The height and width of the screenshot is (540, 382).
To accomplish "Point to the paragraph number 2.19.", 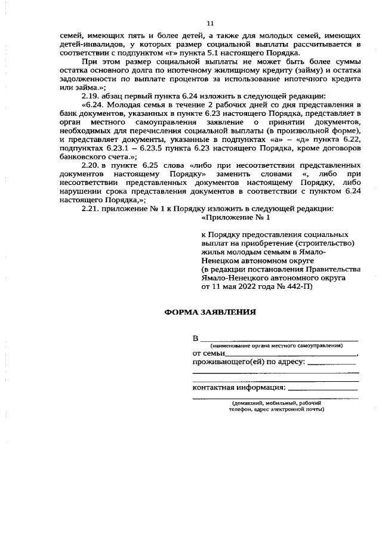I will tap(91, 95).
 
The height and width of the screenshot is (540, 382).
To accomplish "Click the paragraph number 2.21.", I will tap(91, 208).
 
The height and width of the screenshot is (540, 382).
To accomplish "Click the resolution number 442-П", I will tap(298, 286).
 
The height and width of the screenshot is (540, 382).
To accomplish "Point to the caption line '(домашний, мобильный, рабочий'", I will tap(276, 403).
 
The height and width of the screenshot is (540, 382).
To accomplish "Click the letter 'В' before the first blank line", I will tap(195, 339).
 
